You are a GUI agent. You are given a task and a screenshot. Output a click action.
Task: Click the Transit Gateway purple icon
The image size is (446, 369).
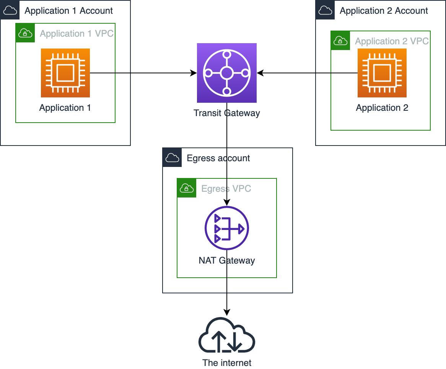coord(227,73)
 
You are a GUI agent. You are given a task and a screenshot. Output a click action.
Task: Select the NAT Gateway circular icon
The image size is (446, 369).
coord(227,228)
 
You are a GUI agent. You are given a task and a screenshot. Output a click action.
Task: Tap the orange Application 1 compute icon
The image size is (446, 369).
coord(65,73)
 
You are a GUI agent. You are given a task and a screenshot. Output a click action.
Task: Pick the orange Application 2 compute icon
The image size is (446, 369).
coord(382,73)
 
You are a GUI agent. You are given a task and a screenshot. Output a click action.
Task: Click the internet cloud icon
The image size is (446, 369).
coord(227,335)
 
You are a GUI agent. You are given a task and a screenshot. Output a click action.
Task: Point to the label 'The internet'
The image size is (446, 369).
coord(227,363)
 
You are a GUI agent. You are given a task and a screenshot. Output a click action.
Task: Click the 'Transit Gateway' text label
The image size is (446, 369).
coord(227,113)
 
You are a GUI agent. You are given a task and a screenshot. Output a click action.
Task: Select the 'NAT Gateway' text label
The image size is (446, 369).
coord(227,261)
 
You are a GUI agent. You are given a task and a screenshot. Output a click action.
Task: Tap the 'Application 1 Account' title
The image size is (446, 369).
coord(68,11)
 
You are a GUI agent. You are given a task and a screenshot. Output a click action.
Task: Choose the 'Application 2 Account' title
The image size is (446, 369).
coord(384,11)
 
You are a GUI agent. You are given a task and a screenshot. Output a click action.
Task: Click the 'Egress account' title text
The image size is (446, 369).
coord(218,158)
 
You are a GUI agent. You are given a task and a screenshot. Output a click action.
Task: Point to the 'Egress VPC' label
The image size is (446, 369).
coord(226,189)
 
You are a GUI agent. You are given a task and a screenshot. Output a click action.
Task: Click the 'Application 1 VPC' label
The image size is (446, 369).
coord(77,34)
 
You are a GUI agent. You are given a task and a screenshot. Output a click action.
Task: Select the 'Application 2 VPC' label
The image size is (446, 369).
coord(392,41)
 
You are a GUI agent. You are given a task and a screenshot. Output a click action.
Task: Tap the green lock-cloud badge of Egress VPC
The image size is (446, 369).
coord(187,188)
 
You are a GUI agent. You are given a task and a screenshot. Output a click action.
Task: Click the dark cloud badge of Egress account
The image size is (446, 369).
coord(172,157)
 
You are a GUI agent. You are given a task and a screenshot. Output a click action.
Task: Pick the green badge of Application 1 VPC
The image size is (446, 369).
coord(25,33)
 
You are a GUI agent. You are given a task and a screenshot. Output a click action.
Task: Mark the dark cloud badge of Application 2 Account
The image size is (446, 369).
coord(325,10)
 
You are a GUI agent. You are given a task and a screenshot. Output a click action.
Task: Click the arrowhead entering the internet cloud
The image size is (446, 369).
coord(227,312)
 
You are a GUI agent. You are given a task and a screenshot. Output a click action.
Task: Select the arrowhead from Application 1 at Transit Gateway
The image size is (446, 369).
coord(194,73)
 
